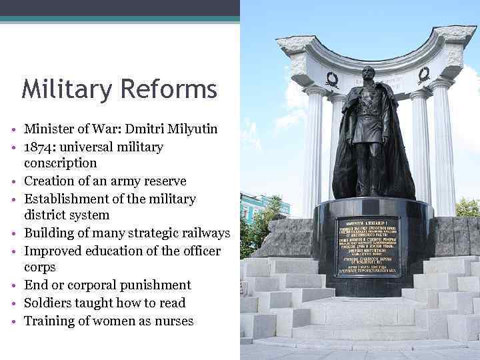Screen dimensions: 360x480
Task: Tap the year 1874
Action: (39, 147)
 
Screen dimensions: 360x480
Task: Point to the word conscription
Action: (61, 163)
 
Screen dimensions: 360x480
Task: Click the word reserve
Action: (164, 181)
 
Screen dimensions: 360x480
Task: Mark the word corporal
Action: (90, 285)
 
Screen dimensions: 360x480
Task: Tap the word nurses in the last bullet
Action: (173, 321)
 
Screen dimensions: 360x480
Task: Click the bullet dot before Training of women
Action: (14, 322)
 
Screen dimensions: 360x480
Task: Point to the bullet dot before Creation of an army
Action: (14, 182)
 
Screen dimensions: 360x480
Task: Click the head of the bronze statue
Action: (368, 75)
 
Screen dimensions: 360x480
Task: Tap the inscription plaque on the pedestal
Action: (368, 246)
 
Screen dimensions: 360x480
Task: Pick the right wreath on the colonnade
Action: (423, 75)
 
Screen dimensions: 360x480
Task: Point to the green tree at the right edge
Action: (468, 207)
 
